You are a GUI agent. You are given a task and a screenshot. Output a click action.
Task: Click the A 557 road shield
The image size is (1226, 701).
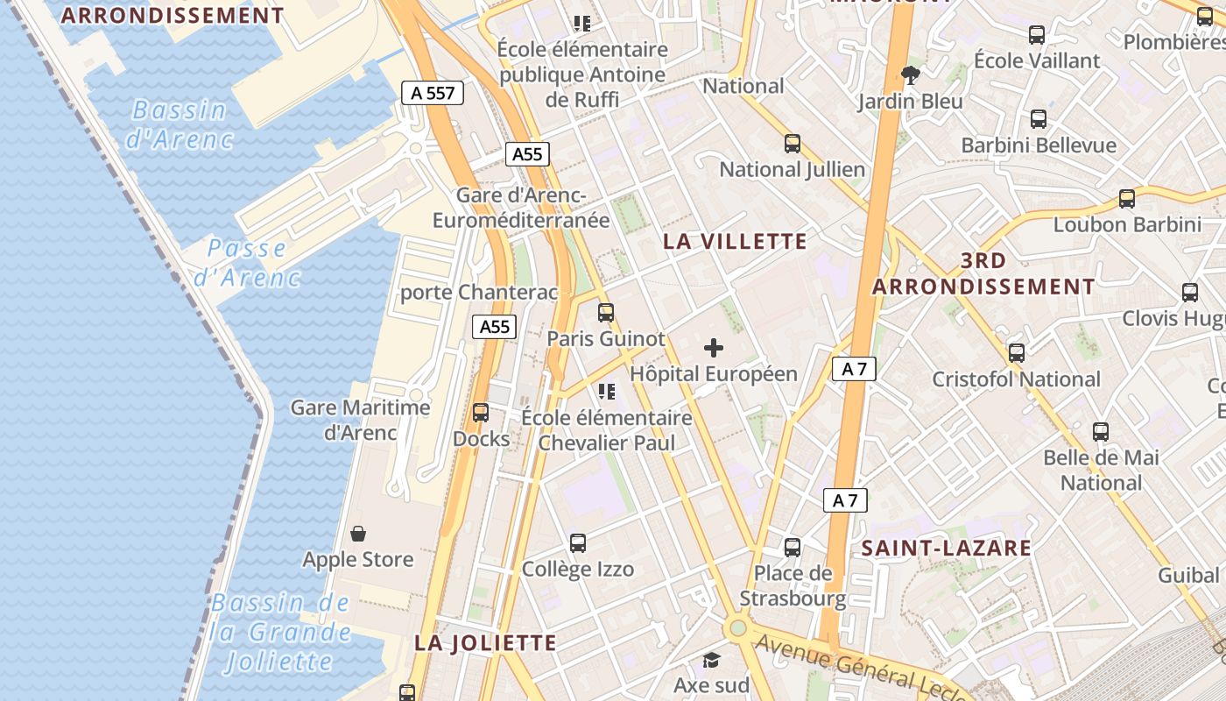coord(433,93)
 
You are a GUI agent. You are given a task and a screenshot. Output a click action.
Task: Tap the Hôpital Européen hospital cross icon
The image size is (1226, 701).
coord(714,348)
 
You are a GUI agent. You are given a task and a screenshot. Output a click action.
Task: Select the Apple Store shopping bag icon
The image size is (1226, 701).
coord(358,533)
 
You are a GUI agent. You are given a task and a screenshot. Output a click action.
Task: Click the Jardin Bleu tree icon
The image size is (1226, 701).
coord(911,74)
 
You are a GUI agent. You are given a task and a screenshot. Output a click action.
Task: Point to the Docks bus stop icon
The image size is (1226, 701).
coord(481,412)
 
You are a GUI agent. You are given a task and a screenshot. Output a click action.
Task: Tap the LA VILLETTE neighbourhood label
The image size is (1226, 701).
coord(735,242)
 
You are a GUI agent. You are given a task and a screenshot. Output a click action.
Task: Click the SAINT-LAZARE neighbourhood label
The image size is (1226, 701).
coord(947,549)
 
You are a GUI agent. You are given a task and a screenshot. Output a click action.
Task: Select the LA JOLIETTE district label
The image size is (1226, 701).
coord(485,643)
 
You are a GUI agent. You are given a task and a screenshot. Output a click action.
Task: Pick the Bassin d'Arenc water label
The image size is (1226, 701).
coord(180,124)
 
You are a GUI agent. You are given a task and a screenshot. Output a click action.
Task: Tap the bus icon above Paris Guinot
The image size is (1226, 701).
coord(606,312)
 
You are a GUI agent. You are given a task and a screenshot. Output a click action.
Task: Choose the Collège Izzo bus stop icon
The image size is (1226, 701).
coord(578,542)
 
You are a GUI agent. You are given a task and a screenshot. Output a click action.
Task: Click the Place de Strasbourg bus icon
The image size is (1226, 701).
coord(793,548)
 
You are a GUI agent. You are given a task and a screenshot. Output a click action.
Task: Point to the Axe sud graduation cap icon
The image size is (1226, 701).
coord(712,660)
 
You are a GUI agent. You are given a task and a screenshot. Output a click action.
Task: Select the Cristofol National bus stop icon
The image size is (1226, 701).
coord(1017,353)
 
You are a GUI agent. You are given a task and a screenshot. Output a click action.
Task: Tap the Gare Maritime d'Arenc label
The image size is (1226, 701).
coord(361,420)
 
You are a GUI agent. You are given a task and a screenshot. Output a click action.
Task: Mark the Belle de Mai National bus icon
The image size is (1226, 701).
coord(1101,431)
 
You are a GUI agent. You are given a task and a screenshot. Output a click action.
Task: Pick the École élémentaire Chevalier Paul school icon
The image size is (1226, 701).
coord(606,391)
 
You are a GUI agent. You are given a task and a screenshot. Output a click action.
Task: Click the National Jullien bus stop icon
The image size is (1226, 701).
coord(793,143)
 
